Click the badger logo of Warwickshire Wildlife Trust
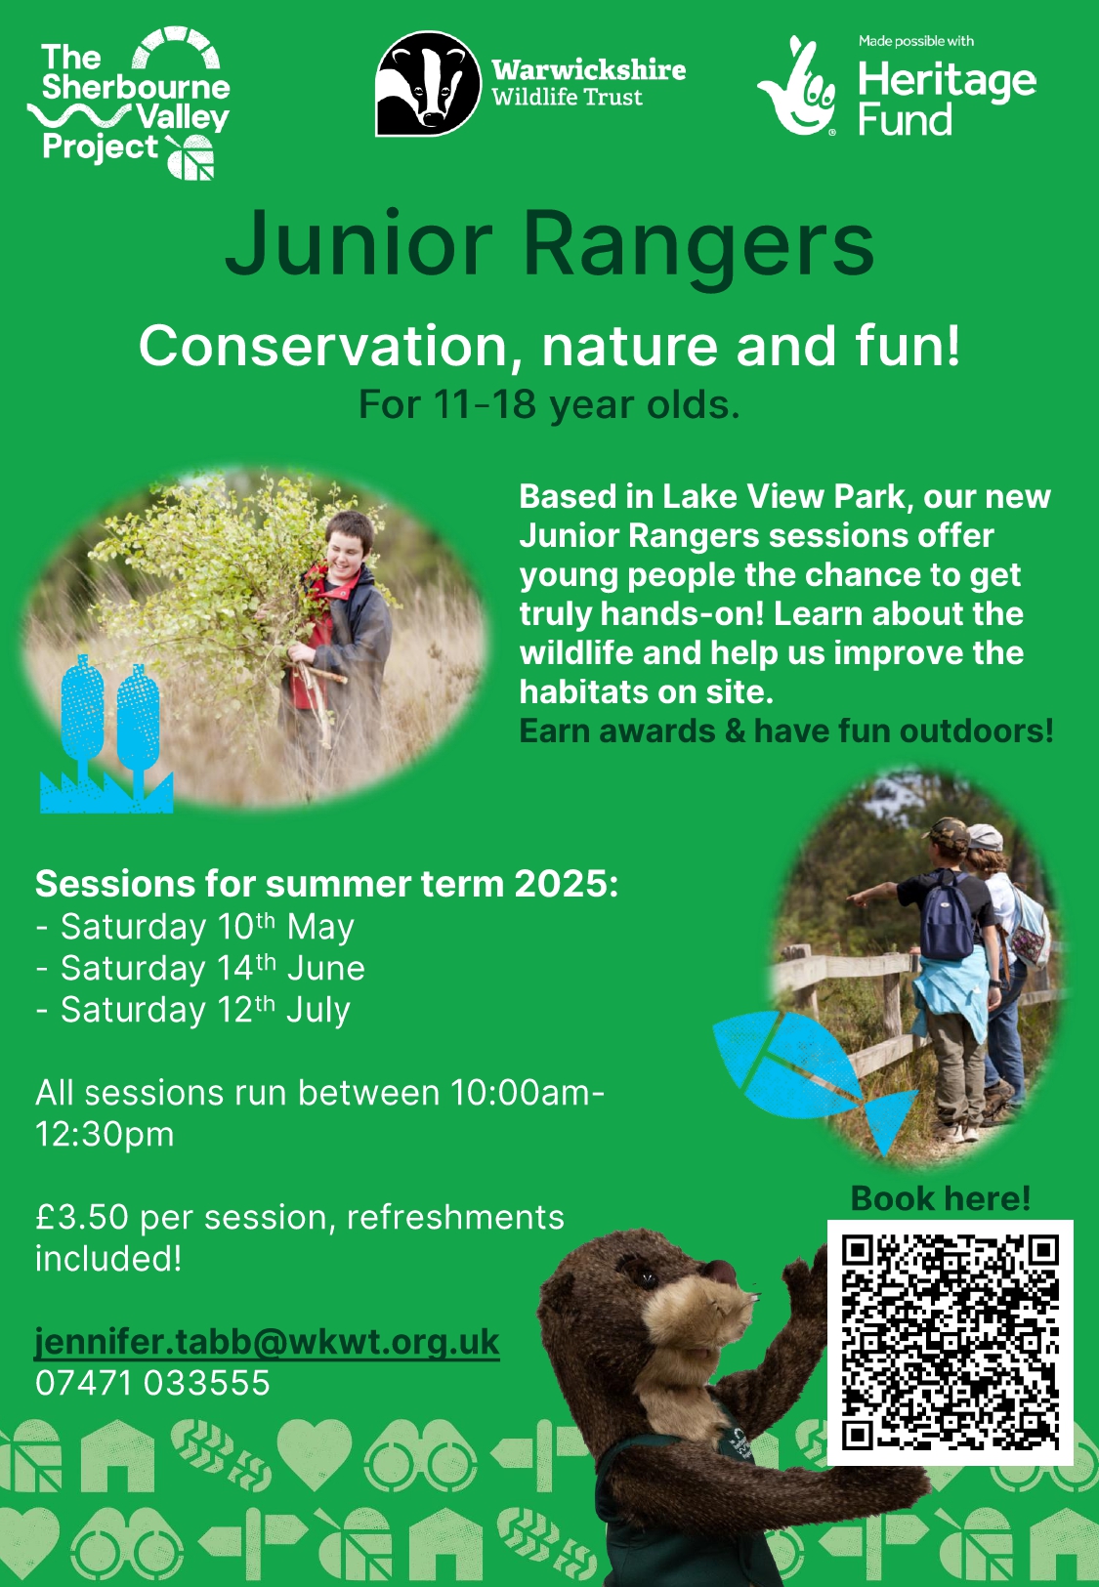[x=429, y=83]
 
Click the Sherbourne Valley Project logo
[x=129, y=102]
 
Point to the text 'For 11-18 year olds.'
[x=549, y=404]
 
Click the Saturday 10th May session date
[x=194, y=926]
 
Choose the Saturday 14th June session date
[x=200, y=968]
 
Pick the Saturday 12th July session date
[x=193, y=1010]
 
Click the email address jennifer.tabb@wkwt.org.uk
[x=267, y=1343]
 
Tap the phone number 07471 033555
[x=152, y=1382]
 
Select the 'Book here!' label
[x=941, y=1198]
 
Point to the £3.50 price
[x=82, y=1217]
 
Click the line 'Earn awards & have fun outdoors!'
[x=786, y=731]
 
